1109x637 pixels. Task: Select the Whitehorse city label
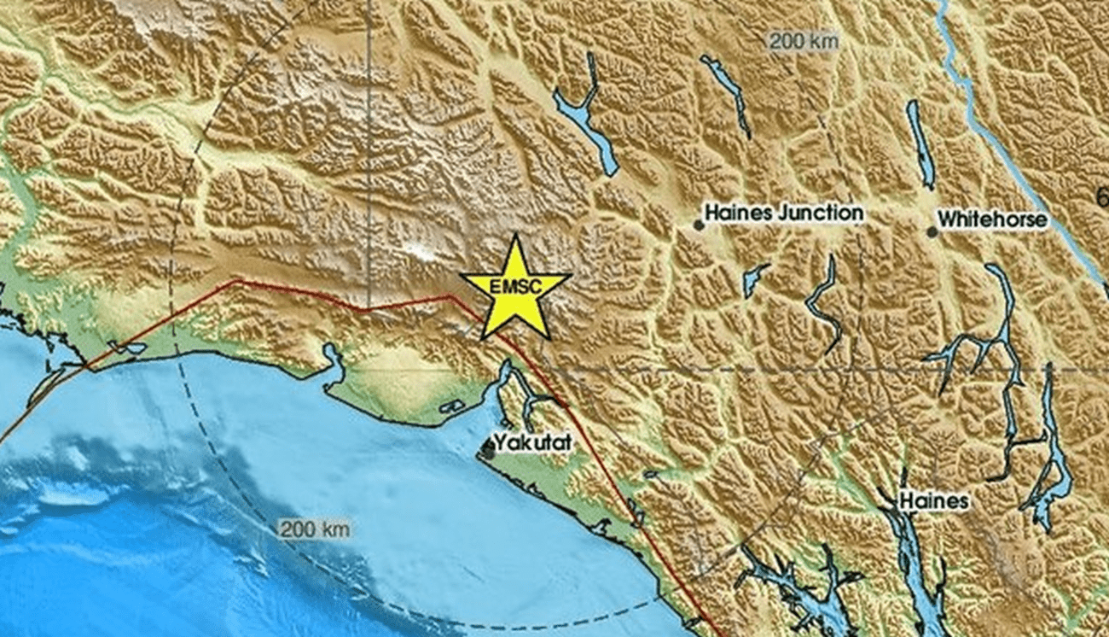coord(992,219)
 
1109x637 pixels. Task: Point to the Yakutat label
coord(532,442)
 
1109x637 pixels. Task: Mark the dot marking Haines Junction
coord(698,225)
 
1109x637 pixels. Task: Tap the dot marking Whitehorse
coord(932,231)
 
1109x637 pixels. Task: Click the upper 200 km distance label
coord(804,40)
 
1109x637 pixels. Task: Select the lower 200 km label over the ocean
coord(315,529)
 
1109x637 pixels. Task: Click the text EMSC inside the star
coord(514,288)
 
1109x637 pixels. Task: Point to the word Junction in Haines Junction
coord(821,213)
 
